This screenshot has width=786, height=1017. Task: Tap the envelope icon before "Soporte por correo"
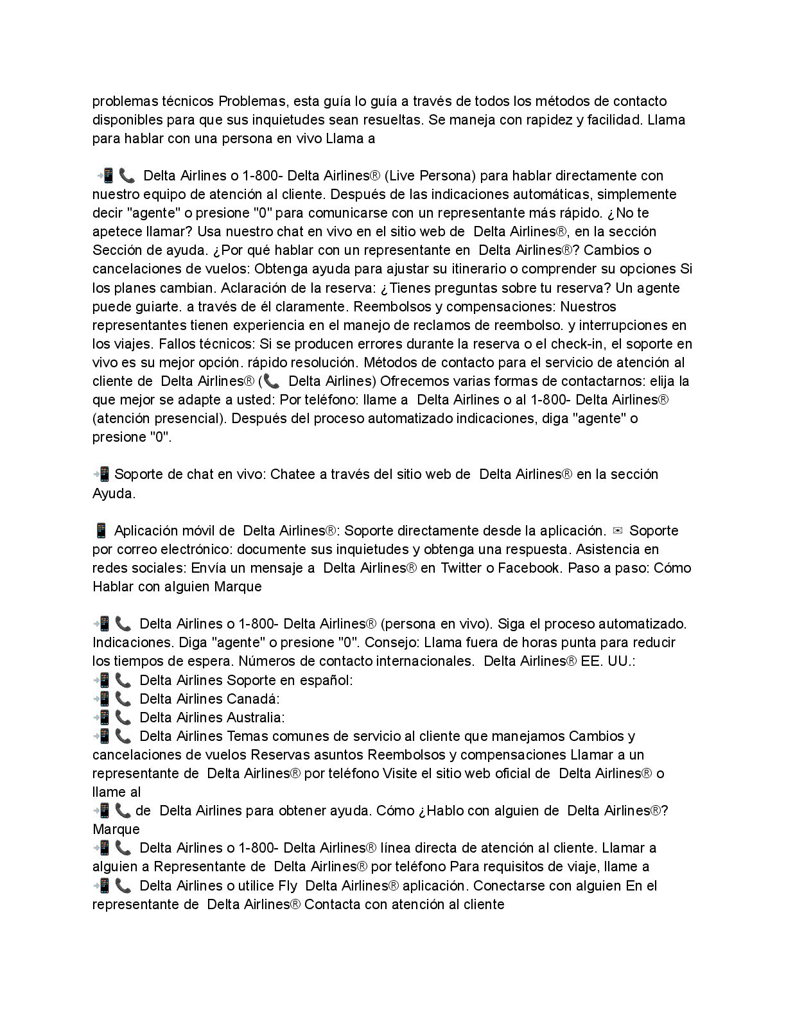point(618,531)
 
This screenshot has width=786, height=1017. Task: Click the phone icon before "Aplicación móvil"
point(100,531)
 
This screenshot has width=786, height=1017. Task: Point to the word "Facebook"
point(528,568)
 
